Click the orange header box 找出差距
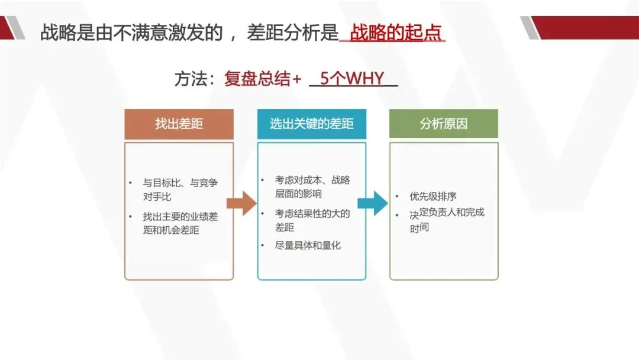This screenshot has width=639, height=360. point(179,124)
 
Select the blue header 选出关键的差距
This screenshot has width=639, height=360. point(311,124)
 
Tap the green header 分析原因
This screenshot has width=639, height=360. point(444,124)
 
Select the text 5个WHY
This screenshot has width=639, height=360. point(352,79)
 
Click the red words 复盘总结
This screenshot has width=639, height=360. point(257,79)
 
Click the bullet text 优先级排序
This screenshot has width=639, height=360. point(433,197)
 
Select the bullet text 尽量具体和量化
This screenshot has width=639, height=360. point(308,245)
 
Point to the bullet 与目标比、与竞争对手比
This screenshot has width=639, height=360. point(180,189)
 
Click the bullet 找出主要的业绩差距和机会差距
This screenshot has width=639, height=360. point(180,223)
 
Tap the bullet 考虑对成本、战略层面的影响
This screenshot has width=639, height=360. point(312,187)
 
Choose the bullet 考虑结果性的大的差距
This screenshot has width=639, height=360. point(312,220)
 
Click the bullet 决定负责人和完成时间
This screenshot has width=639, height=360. point(447,219)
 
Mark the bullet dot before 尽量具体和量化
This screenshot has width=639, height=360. point(263,245)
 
